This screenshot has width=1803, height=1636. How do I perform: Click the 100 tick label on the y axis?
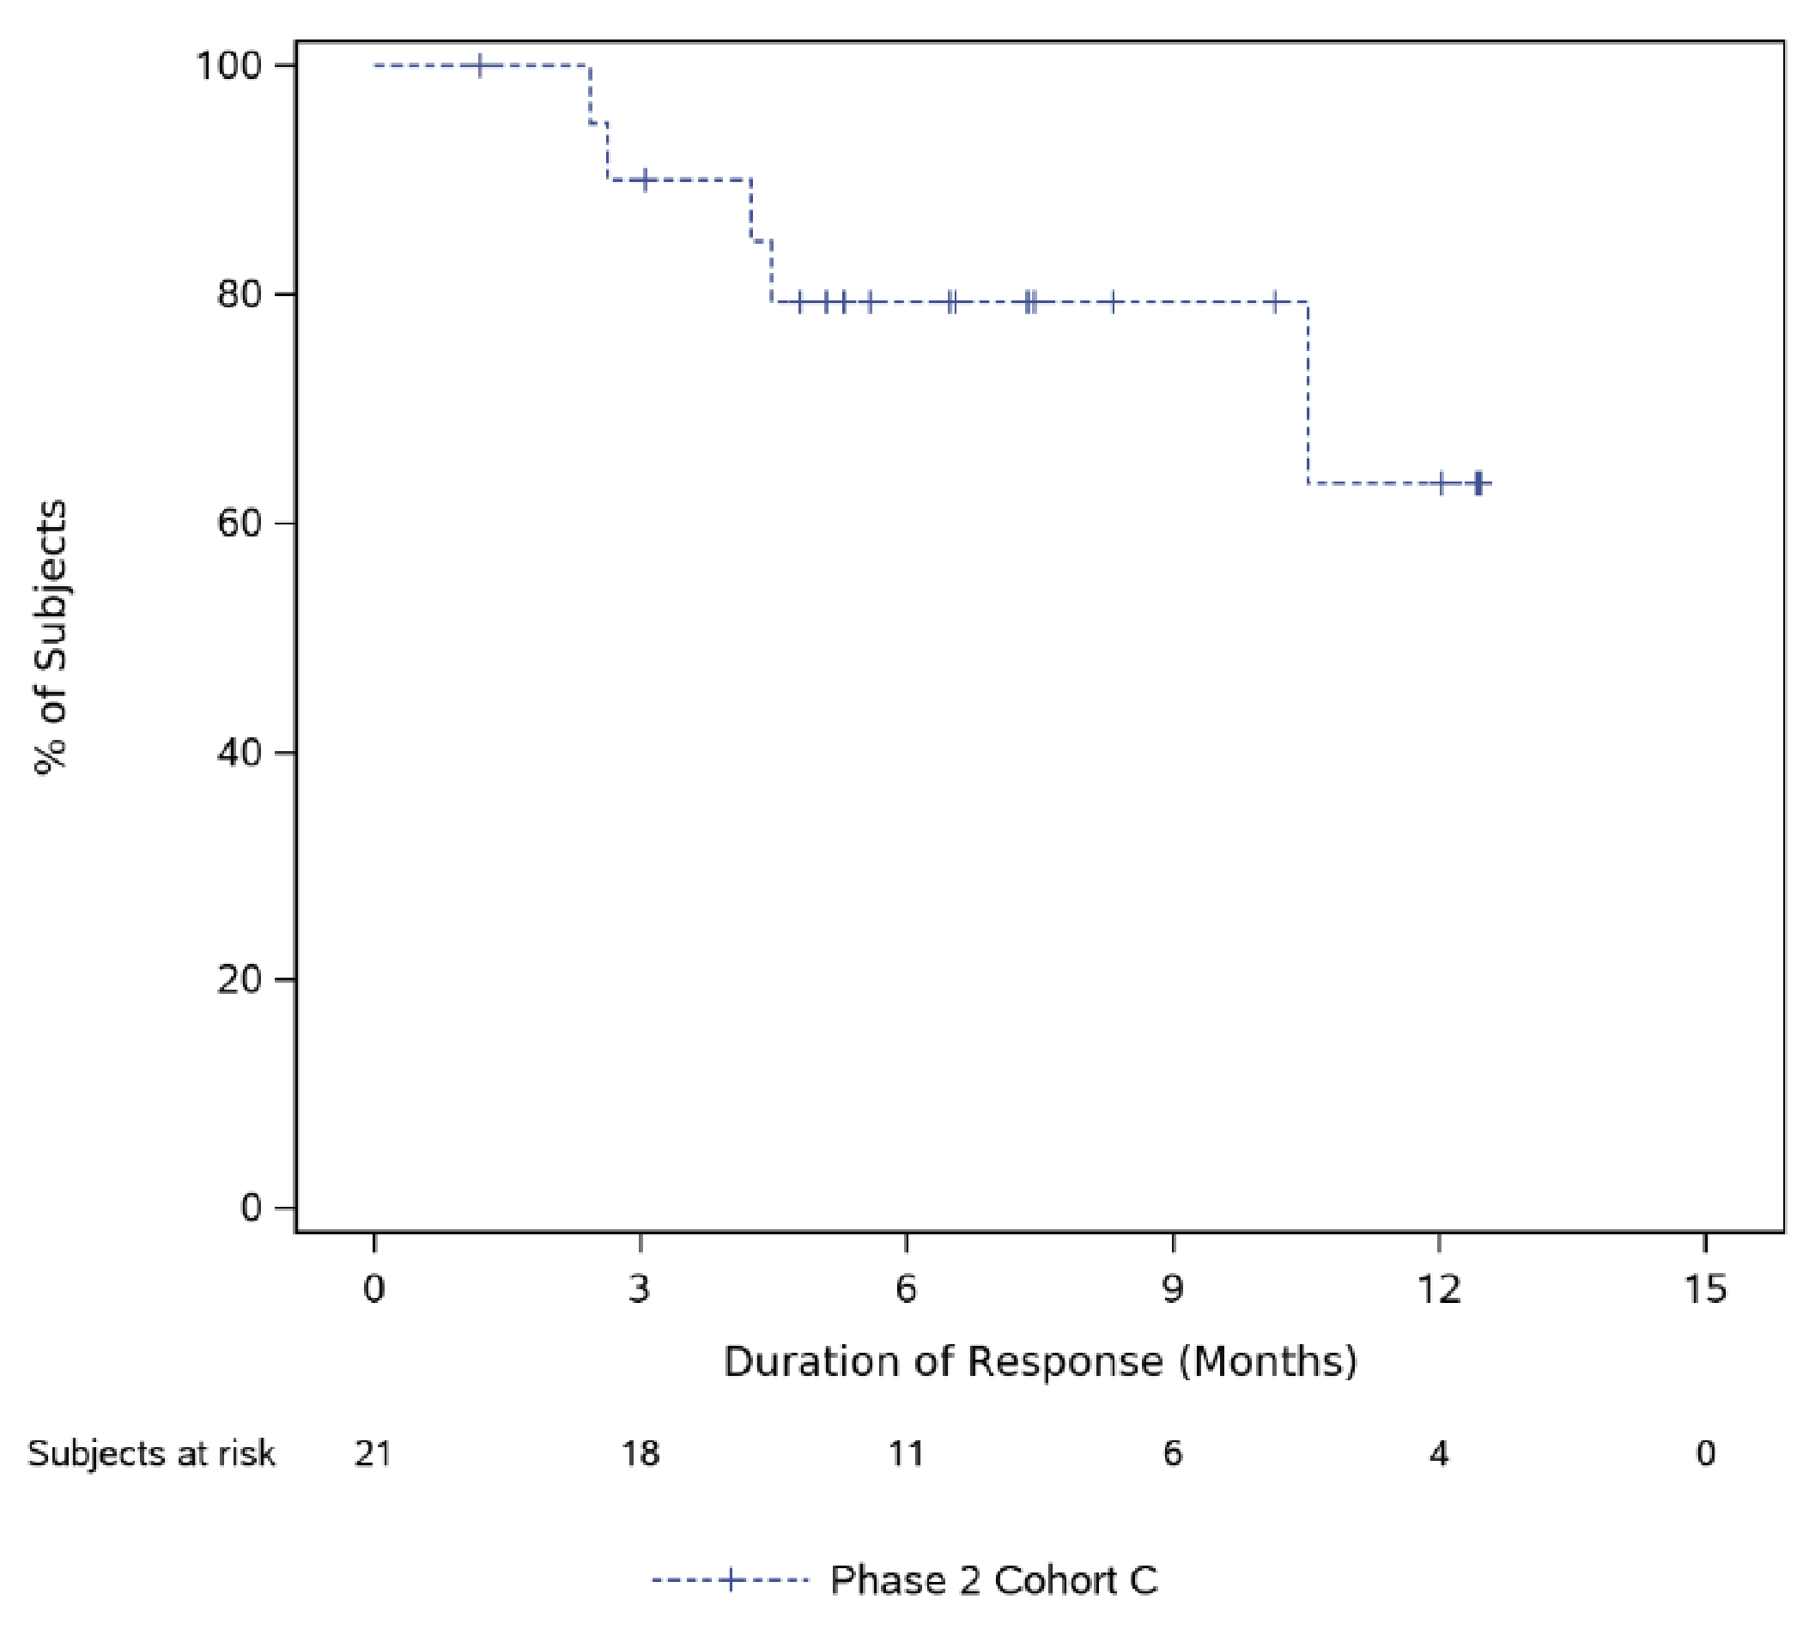click(228, 66)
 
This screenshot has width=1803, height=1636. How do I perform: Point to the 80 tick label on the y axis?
click(240, 295)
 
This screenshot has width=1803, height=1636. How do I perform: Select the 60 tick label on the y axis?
click(240, 523)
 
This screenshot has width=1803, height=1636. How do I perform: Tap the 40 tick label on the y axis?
click(240, 752)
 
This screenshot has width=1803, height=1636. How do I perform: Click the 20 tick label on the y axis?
click(240, 980)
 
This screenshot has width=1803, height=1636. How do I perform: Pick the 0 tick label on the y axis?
click(252, 1208)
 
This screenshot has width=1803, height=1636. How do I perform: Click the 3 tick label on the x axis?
click(640, 1289)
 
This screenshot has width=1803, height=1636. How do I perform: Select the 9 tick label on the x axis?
click(1173, 1289)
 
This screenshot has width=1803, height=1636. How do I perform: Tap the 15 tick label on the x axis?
click(1705, 1289)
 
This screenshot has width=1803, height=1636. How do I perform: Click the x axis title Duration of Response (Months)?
click(1040, 1361)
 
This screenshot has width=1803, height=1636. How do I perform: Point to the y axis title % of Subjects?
click(51, 638)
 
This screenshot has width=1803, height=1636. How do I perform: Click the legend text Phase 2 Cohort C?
click(993, 1580)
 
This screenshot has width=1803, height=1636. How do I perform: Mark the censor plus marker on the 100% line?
click(480, 66)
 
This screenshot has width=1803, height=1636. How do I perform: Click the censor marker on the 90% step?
click(643, 179)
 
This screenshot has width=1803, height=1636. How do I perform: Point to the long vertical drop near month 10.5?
click(1308, 393)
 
